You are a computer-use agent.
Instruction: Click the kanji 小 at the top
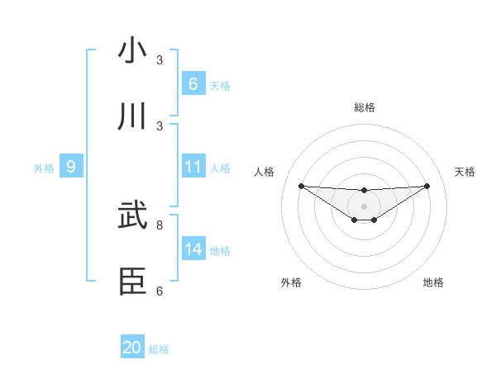point(132,51)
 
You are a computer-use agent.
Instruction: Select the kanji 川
point(132,116)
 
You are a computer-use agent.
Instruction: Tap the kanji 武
point(132,215)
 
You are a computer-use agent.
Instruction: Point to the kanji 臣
point(132,282)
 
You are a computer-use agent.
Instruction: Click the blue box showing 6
point(193,83)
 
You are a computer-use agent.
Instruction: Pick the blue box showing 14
point(193,248)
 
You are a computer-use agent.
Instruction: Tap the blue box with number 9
point(71,167)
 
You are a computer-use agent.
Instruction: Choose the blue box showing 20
point(132,348)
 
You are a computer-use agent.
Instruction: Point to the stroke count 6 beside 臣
point(160,291)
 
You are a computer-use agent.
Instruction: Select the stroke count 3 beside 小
point(160,60)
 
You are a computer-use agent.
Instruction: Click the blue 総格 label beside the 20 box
point(159,349)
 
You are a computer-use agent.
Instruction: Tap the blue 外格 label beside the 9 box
point(44,168)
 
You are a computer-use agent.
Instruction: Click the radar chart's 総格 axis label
point(364,107)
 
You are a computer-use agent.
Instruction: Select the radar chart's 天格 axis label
point(465,172)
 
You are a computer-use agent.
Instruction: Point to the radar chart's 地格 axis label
point(433,282)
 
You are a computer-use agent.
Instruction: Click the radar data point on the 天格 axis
point(427,186)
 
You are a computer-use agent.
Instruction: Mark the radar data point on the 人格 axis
point(301,186)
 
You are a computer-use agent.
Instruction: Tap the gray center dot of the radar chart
point(364,206)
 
